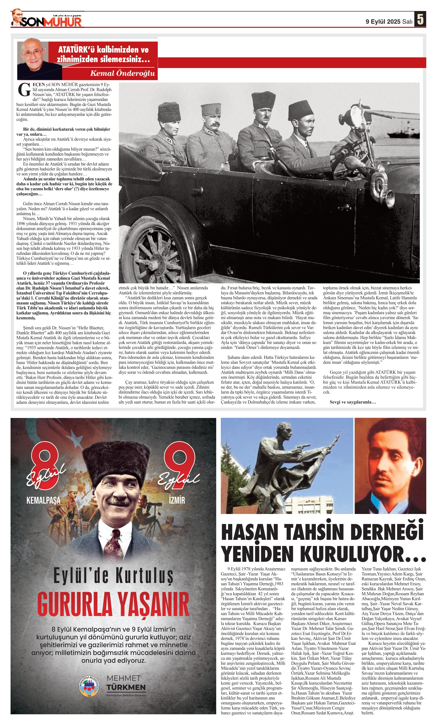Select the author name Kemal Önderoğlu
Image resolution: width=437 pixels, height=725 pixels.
[x=122, y=73]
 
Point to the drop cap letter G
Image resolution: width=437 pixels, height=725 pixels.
[x=24, y=90]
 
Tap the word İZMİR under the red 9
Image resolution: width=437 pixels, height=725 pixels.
[x=177, y=500]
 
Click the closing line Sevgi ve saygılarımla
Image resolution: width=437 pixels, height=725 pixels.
[x=353, y=402]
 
